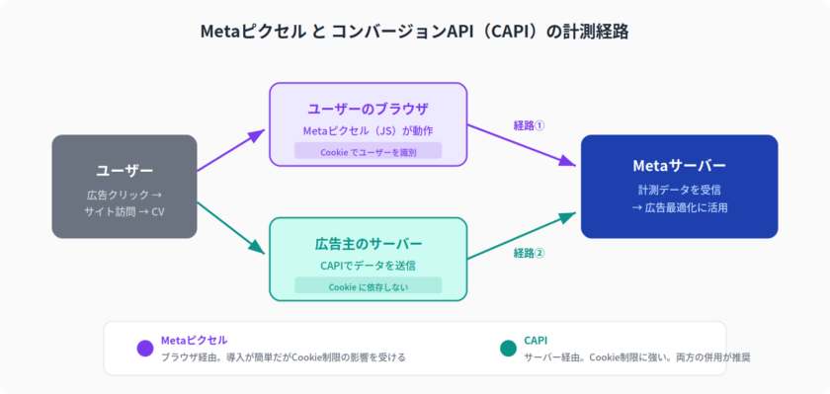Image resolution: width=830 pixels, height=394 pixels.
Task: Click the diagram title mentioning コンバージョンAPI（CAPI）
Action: click(414, 32)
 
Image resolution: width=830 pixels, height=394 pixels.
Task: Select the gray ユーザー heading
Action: click(124, 171)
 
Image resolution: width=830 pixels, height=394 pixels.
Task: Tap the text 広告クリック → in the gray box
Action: click(124, 196)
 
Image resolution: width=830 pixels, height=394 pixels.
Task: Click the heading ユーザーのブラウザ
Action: click(368, 110)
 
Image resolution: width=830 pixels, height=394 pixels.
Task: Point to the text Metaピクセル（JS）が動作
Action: click(368, 130)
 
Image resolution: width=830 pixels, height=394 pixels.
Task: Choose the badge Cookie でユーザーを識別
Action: click(368, 152)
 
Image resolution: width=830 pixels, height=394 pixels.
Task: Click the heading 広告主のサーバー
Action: click(368, 244)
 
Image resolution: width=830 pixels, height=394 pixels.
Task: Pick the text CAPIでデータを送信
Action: click(368, 266)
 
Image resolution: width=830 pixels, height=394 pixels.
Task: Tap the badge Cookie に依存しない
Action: click(368, 287)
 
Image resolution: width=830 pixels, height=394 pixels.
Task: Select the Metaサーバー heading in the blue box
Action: click(679, 166)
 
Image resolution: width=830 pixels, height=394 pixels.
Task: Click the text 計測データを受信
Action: click(679, 190)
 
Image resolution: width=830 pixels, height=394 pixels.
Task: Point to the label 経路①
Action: click(529, 125)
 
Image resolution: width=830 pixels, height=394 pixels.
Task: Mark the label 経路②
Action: click(529, 254)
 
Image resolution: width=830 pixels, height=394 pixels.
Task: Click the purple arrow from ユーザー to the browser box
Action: click(231, 150)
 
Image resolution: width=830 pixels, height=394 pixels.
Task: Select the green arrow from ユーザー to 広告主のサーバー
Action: click(231, 228)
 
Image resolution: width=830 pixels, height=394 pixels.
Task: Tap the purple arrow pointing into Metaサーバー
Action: click(522, 145)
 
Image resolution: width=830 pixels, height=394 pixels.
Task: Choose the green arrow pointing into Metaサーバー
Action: click(522, 235)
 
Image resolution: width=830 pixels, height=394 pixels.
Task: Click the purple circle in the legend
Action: click(145, 349)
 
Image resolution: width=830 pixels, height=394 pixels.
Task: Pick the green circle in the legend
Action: click(508, 349)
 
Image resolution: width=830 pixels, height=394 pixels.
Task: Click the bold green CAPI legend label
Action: click(536, 340)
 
